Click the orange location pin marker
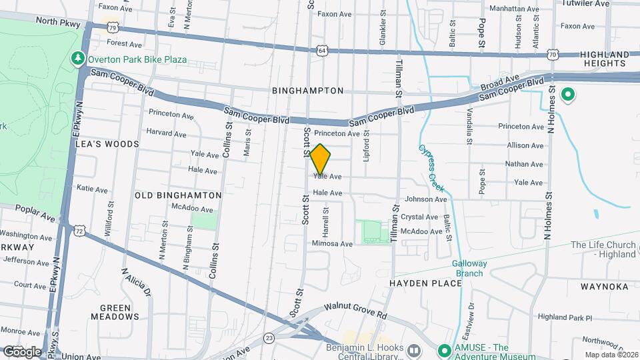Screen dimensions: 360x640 click(320, 159)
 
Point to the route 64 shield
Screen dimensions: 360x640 click(322, 50)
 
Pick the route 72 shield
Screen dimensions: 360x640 click(80, 231)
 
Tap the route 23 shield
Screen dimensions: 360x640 click(269, 338)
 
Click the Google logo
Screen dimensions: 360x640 click(22, 351)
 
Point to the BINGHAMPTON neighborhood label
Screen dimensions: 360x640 click(308, 90)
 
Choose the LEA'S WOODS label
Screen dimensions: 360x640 click(107, 143)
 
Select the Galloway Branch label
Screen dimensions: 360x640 click(469, 268)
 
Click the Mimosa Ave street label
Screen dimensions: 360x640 click(332, 244)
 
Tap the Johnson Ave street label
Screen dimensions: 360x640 click(425, 199)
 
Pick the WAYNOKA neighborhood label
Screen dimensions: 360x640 click(604, 287)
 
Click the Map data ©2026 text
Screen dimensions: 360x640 click(609, 355)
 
